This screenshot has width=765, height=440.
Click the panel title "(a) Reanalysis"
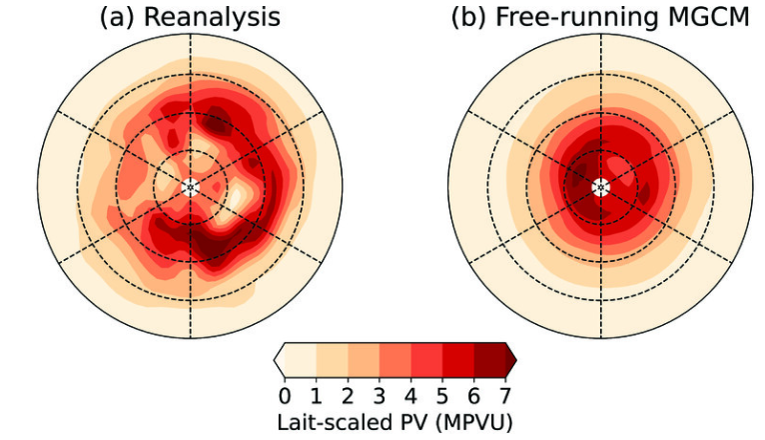click(190, 17)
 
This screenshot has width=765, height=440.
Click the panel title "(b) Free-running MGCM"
click(600, 17)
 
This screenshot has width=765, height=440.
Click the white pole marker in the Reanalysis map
click(191, 187)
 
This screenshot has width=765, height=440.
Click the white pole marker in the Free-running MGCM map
click(600, 187)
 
